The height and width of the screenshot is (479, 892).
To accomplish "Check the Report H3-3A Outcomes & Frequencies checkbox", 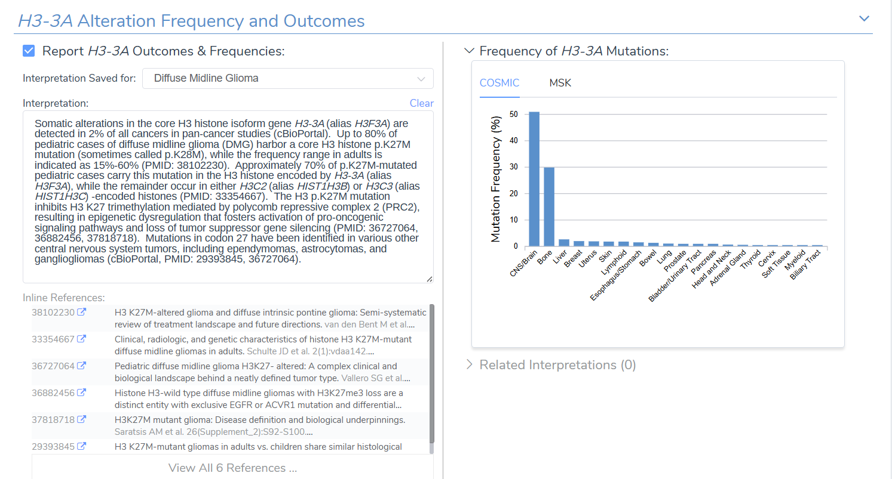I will click(x=29, y=51).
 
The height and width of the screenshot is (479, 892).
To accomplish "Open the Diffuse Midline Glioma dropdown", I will click(x=287, y=78).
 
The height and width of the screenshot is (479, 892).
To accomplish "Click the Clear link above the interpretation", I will click(x=421, y=103).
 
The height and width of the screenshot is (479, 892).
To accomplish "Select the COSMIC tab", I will click(x=499, y=83).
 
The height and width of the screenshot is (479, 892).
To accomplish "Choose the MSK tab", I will click(x=560, y=83).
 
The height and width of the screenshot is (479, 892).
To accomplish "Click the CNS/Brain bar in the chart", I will click(x=534, y=179).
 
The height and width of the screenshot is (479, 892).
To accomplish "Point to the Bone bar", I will click(x=549, y=206).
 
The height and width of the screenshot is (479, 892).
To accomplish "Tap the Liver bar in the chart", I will click(x=564, y=243).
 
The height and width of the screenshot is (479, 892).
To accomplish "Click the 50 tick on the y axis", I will click(x=514, y=114).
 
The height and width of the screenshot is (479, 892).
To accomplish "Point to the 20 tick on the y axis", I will click(x=514, y=193).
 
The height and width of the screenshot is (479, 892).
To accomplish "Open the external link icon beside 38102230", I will click(x=81, y=312).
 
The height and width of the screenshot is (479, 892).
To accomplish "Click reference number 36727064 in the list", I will click(x=53, y=366).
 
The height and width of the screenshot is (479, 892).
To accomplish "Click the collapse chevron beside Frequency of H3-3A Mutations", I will click(x=469, y=51).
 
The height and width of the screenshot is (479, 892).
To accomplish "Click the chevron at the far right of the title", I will click(x=864, y=18).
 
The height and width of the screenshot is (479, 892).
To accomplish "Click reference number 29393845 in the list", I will click(x=53, y=446).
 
